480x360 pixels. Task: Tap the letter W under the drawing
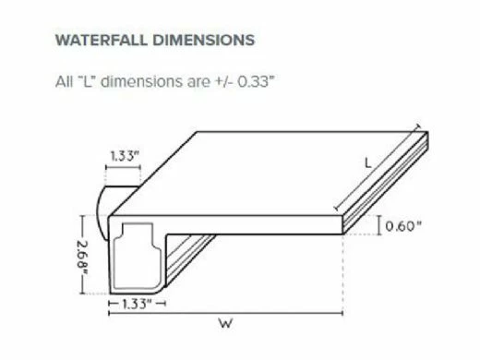(x=223, y=323)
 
